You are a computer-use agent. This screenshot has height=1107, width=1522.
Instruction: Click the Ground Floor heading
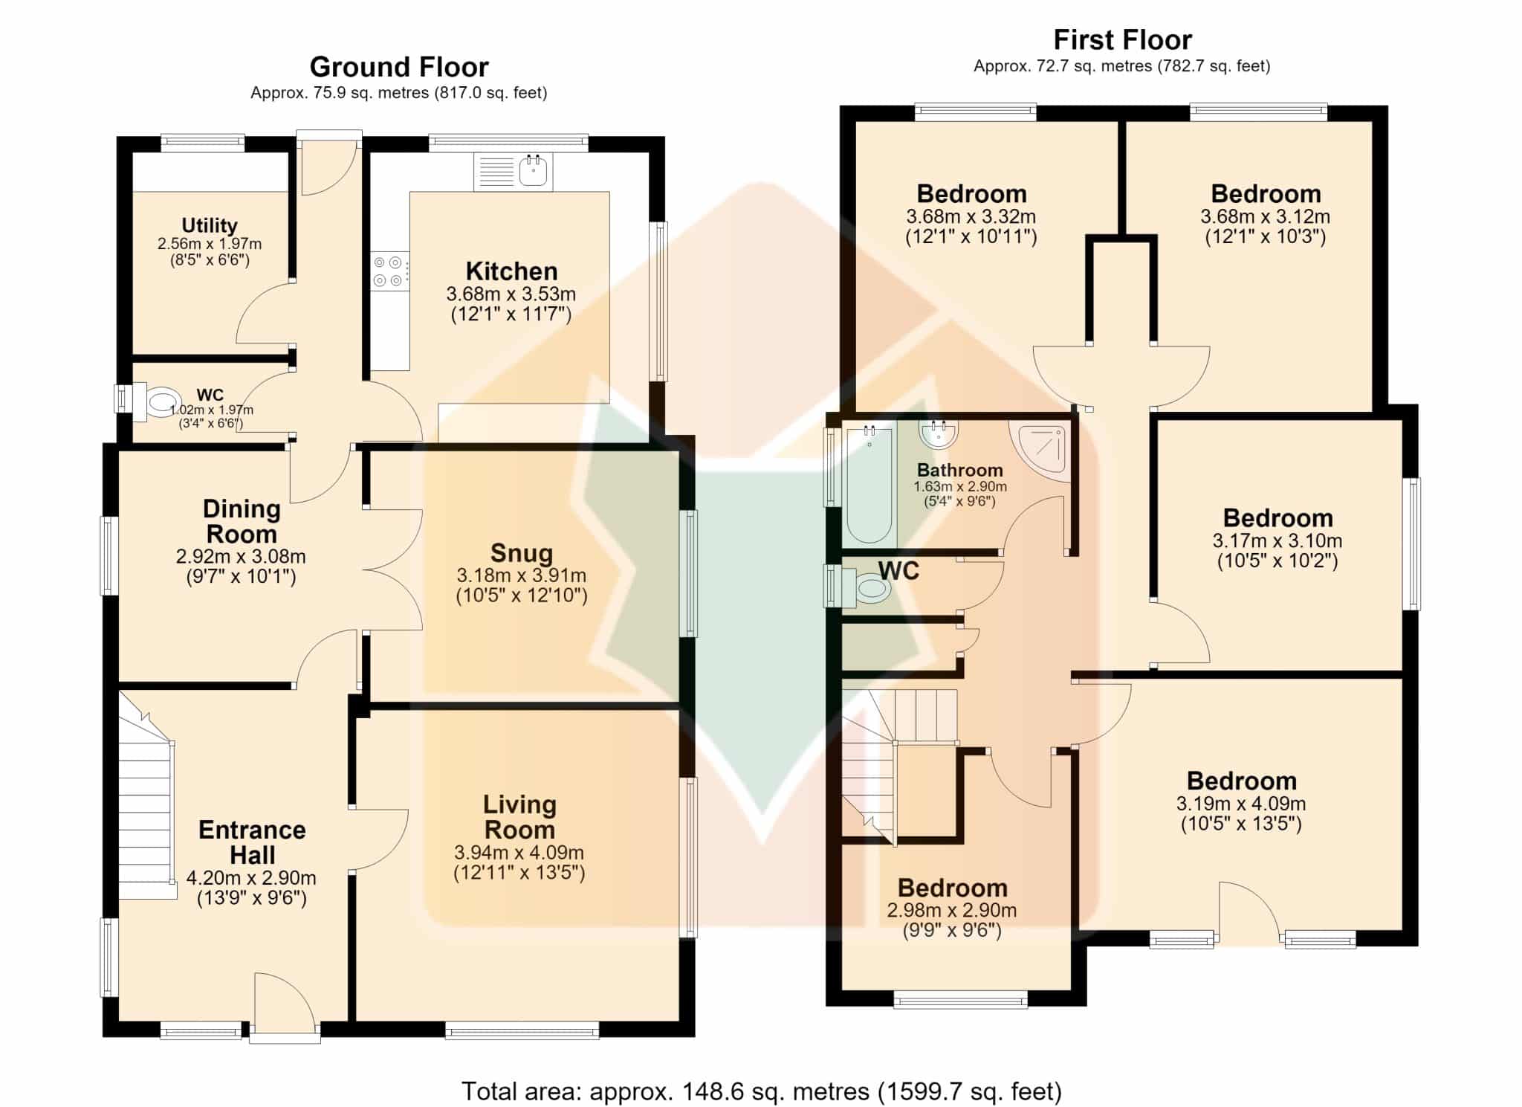(399, 67)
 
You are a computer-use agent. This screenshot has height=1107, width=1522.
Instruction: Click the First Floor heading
(1122, 39)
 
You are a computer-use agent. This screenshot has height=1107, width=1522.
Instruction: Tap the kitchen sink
(514, 171)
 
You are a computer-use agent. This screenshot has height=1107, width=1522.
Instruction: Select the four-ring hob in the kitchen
(389, 271)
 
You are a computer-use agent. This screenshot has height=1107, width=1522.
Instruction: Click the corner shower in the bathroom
(1040, 451)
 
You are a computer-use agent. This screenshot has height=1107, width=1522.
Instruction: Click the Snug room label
(522, 553)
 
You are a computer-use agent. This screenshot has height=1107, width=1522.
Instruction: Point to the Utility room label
(210, 225)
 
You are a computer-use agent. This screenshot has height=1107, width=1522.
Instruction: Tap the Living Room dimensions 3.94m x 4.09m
(519, 853)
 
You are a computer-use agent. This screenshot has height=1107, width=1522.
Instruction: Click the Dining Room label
(242, 521)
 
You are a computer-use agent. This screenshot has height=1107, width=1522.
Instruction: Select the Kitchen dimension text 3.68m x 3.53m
(511, 294)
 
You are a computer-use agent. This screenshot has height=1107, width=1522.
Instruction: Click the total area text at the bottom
(762, 1091)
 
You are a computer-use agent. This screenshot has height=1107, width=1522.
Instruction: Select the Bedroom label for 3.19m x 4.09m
(1242, 781)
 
